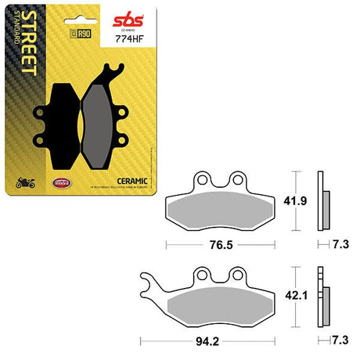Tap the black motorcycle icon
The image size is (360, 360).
coord(25,184)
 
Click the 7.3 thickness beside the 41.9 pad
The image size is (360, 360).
coord(340,243)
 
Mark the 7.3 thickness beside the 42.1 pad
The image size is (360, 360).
coord(340,340)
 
